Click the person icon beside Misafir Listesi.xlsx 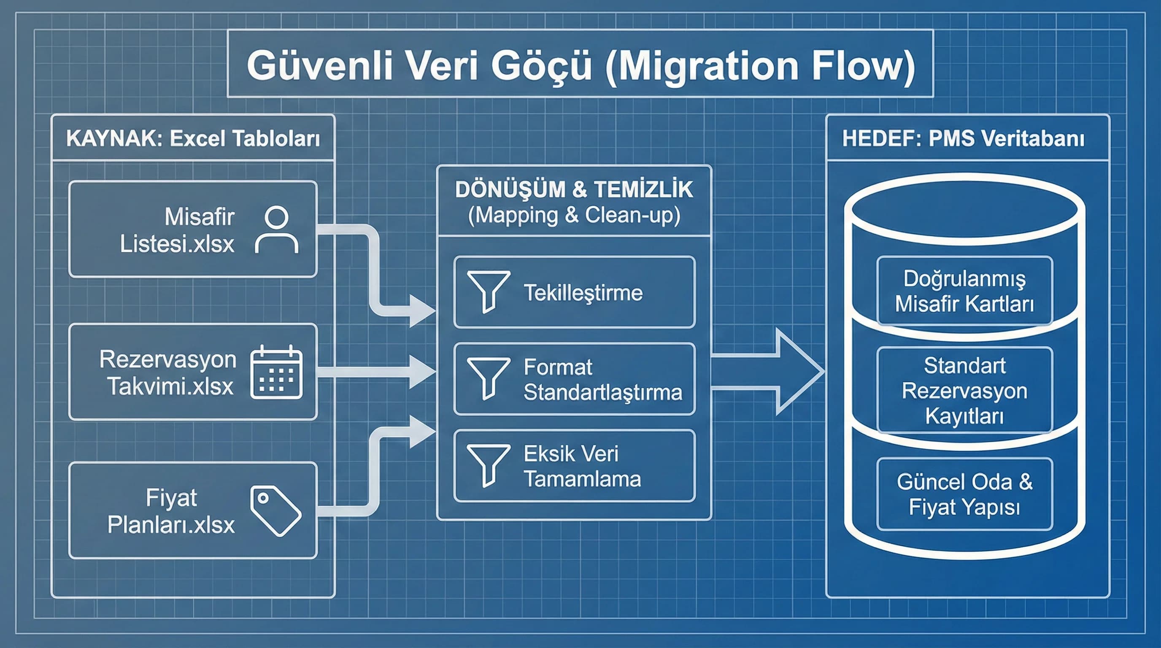[x=276, y=229]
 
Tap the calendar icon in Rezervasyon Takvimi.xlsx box [x=276, y=373]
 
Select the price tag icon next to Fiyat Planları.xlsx [x=275, y=511]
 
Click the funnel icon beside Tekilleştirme [x=489, y=291]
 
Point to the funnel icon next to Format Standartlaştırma [x=489, y=378]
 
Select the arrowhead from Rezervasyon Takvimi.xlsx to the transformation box [x=421, y=372]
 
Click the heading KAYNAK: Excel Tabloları [x=193, y=138]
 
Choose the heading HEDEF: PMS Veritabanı [x=963, y=138]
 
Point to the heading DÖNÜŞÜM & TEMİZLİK [x=574, y=189]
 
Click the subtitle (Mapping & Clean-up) [x=574, y=215]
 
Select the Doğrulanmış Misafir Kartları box [x=964, y=291]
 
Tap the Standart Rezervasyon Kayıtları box [x=964, y=390]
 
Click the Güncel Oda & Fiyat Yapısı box [x=964, y=494]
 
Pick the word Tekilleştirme [x=583, y=293]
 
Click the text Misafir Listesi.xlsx [x=177, y=230]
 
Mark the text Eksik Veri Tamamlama [x=582, y=466]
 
